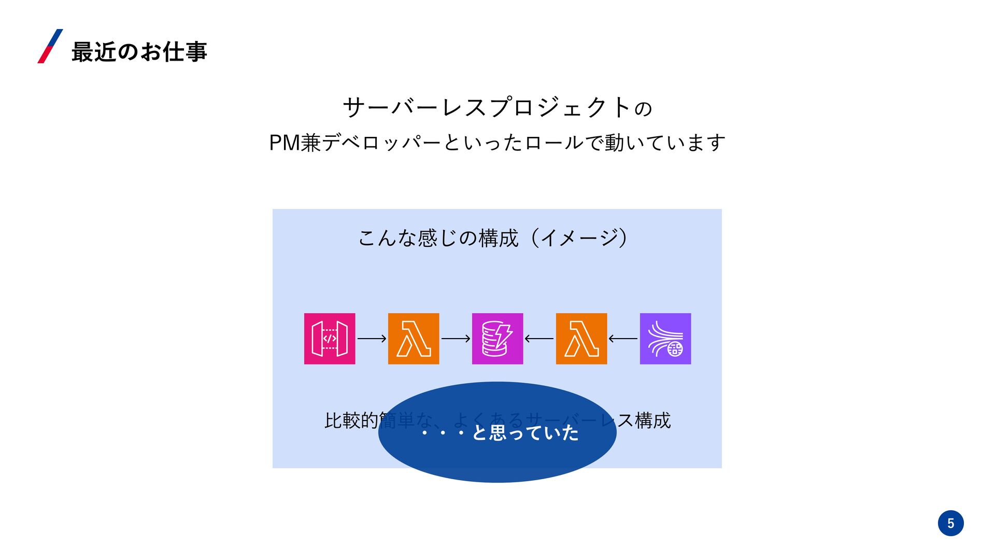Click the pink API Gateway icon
coord(330,339)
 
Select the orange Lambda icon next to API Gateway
coord(414,339)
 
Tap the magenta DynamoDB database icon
coord(497,339)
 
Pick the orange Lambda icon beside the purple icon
coord(581,339)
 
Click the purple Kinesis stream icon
coord(665,339)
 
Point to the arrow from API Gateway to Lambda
coord(372,339)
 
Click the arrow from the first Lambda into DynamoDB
coord(456,339)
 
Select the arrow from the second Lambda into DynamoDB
coord(539,339)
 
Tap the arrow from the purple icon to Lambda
coord(623,339)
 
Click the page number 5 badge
coord(950,523)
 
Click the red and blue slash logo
coord(50,46)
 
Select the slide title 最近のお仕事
coord(139,52)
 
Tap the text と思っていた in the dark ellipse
coord(525,432)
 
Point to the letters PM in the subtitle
coord(285,143)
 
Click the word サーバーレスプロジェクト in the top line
coord(486,108)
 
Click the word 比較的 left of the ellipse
coord(351,421)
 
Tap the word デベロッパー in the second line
coord(381,143)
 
